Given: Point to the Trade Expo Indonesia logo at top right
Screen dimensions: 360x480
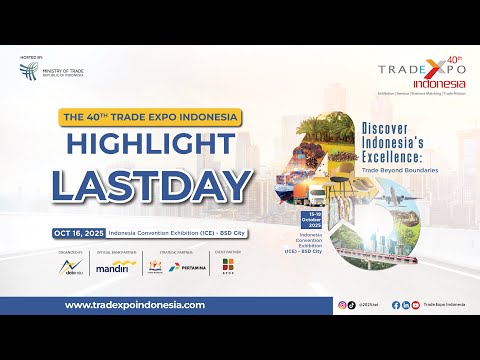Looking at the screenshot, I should click(421, 73).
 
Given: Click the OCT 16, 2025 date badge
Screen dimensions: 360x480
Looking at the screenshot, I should click(79, 233).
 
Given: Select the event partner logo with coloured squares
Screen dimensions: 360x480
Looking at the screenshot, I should click(228, 267).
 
